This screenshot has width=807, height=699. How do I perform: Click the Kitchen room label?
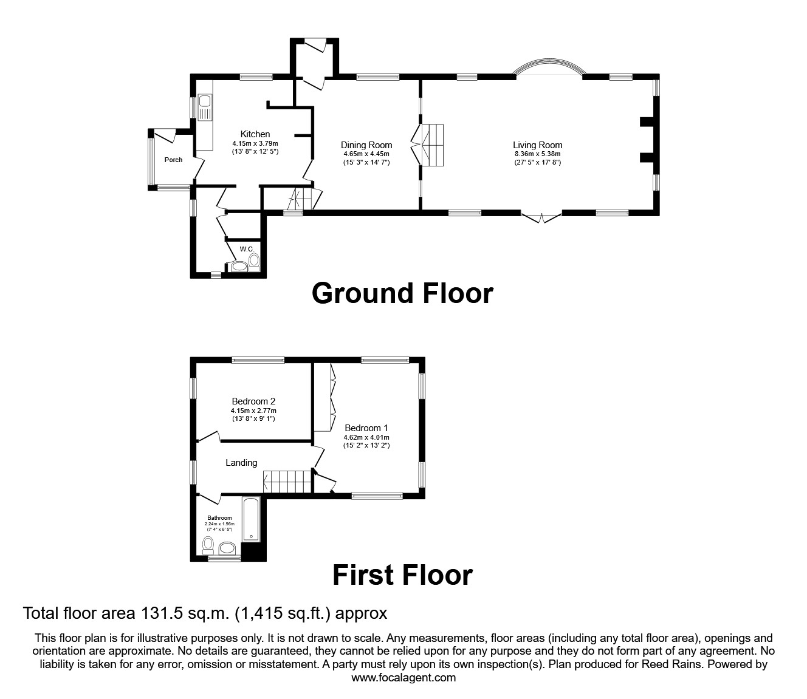point(255,134)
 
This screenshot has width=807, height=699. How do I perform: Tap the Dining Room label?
point(366,145)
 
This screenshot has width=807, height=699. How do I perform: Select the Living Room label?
point(537,145)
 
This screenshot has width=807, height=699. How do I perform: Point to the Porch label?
point(173,160)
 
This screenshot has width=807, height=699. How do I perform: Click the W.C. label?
point(246,249)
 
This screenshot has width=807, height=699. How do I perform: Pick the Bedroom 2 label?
point(253,401)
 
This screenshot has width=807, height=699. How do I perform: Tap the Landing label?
point(241,463)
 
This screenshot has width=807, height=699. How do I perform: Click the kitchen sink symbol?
point(205,107)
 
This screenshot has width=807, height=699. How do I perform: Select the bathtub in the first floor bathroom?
point(251,520)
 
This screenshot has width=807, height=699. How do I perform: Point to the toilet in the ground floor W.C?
point(254,262)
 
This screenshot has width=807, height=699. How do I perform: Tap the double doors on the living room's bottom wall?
point(541,217)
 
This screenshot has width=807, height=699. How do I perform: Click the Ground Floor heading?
point(402,293)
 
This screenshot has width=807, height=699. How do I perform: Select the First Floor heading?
point(402,575)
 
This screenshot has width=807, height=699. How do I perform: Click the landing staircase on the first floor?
point(287,482)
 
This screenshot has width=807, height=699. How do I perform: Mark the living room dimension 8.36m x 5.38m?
point(537,154)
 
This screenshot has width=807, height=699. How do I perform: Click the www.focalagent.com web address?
point(403,678)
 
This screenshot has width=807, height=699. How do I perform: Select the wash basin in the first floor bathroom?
point(228,548)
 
